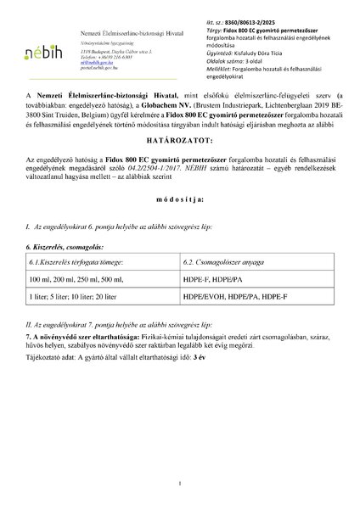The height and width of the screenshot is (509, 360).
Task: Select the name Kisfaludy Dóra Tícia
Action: point(258,51)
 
